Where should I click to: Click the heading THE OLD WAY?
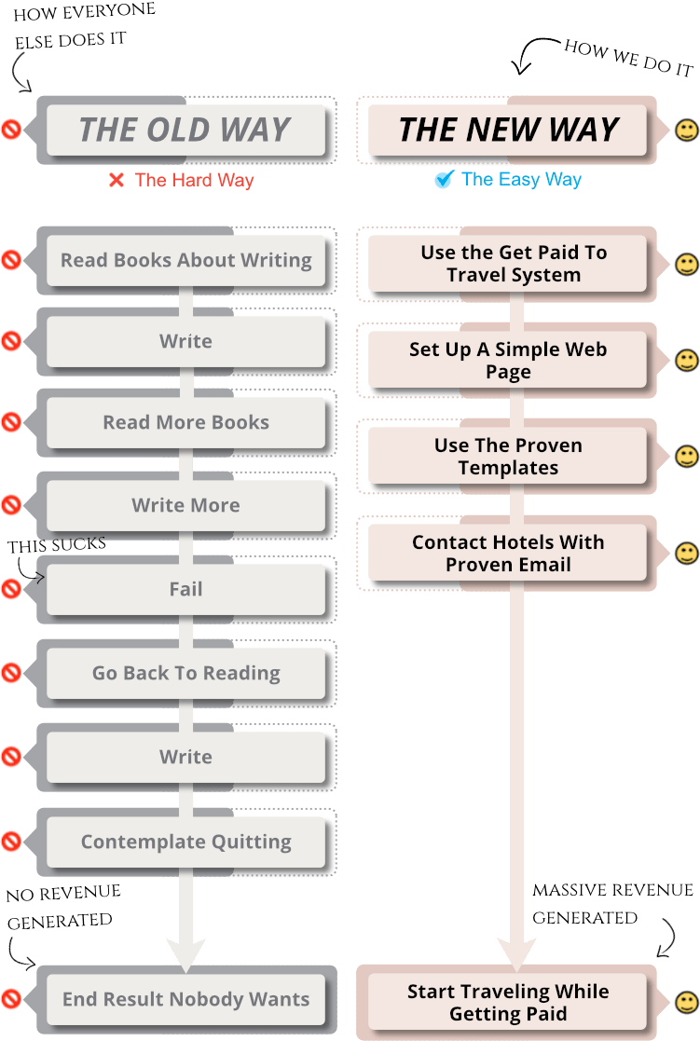click(x=185, y=130)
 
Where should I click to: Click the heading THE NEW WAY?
click(x=508, y=130)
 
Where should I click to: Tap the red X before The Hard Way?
click(x=117, y=180)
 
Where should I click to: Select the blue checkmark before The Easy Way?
click(x=443, y=180)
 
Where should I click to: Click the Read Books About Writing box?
click(x=185, y=260)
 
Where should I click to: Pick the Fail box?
click(x=185, y=589)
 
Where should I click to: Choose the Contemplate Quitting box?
click(x=185, y=842)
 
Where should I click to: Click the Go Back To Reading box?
click(x=185, y=673)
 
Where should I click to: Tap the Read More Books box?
click(x=185, y=422)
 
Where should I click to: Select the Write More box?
click(x=185, y=505)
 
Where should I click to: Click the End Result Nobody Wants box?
click(x=185, y=1000)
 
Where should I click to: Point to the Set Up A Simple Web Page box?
click(x=508, y=361)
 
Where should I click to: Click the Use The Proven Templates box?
click(x=508, y=457)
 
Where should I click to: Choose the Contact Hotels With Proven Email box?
click(x=508, y=554)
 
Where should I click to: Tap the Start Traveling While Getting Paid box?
click(x=508, y=1003)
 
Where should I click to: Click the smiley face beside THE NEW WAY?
click(x=687, y=130)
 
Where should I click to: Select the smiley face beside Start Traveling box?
click(x=687, y=1003)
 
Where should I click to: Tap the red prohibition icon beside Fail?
click(x=11, y=589)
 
